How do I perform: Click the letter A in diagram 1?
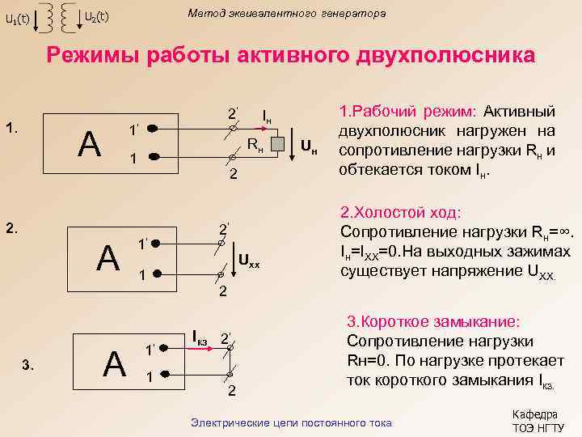click(88, 145)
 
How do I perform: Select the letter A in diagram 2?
click(108, 258)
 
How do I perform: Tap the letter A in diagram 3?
click(115, 363)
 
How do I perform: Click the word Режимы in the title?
click(93, 55)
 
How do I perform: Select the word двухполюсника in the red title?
click(436, 55)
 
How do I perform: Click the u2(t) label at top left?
click(97, 17)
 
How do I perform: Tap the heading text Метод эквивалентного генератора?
click(286, 14)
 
